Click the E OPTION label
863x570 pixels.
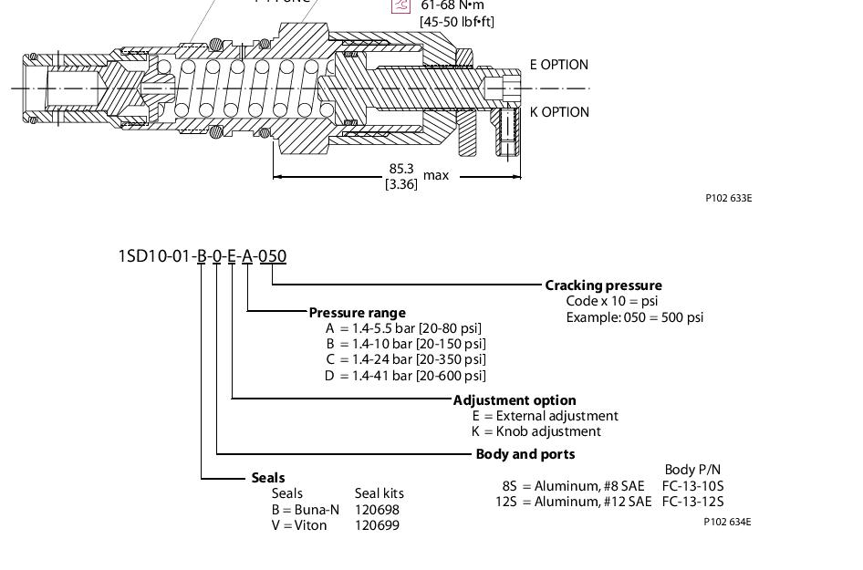(559, 65)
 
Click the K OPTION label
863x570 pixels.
(559, 112)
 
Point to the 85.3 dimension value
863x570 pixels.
(401, 169)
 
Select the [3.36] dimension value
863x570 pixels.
(401, 184)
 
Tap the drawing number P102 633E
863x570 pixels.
(728, 198)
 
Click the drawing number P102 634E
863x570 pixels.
(727, 523)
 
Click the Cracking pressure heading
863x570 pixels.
(603, 285)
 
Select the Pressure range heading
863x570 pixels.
(357, 313)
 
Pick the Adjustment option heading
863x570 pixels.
(515, 400)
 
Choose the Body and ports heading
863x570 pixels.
(525, 454)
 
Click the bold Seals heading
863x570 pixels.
(268, 478)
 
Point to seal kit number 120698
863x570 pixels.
(377, 510)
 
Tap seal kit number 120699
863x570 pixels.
(377, 525)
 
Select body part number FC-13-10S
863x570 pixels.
(692, 486)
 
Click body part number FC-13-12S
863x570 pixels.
(692, 502)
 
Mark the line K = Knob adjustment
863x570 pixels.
(536, 431)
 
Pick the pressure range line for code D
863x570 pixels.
(406, 376)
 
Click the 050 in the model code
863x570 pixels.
(273, 256)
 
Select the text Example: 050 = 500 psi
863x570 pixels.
(635, 317)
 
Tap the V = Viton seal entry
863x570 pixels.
(299, 525)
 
